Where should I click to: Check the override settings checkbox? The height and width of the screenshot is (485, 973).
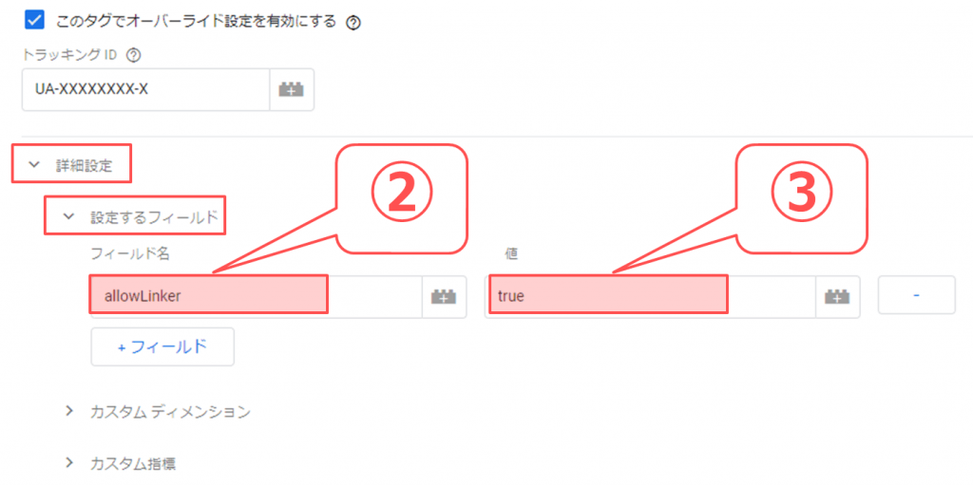tap(35, 20)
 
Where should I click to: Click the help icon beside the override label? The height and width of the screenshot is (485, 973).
tap(353, 23)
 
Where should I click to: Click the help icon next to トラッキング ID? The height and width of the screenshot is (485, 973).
tap(133, 55)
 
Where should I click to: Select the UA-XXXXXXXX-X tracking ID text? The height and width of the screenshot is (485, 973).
tap(92, 90)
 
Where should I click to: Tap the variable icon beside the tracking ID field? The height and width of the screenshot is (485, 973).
tap(292, 90)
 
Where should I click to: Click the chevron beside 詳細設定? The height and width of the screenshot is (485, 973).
tap(35, 165)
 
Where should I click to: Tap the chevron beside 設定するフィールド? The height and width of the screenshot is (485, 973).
tap(69, 216)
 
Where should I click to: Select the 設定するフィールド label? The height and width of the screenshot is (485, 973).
tap(155, 216)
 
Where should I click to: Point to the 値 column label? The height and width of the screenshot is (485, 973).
tap(511, 253)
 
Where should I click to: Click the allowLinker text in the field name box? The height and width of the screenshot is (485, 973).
tap(143, 296)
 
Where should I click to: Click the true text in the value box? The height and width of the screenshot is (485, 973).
tap(511, 296)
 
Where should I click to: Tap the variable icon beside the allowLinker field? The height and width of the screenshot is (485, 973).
tap(444, 297)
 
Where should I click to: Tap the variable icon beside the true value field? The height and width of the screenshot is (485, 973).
tap(837, 297)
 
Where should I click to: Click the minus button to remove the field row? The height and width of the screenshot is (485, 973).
tap(917, 296)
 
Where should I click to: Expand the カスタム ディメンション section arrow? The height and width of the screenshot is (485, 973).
tap(69, 411)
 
